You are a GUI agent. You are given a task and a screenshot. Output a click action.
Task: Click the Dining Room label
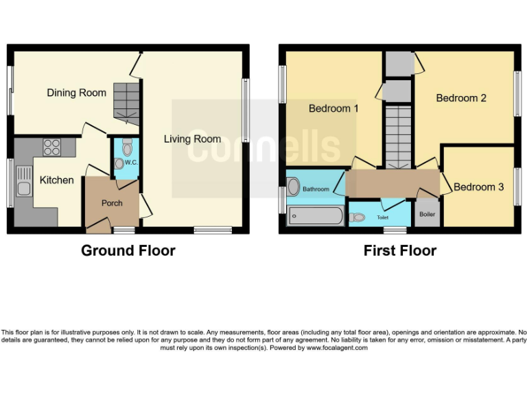point(76,93)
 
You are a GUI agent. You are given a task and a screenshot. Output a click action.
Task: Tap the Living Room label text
point(192,139)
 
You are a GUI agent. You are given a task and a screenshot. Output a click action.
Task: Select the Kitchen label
point(56,180)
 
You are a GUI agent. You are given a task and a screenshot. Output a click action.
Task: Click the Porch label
point(112,203)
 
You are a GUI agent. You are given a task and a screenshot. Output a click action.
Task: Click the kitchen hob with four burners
point(51,146)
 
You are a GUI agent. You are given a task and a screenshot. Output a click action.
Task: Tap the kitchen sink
point(23,189)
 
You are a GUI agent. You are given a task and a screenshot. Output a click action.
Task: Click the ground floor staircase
point(126,103)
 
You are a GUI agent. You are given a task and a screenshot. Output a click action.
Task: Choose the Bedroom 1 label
point(333,108)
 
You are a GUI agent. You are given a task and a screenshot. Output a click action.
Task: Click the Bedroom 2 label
point(461,98)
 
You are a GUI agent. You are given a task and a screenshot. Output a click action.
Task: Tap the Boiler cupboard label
point(427,214)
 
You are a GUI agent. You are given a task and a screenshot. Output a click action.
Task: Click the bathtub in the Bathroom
point(315,217)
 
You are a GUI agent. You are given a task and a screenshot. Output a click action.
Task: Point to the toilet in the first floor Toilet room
point(358,217)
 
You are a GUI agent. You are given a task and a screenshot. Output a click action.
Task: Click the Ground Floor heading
point(128,251)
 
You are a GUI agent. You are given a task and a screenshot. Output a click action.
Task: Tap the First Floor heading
point(399,251)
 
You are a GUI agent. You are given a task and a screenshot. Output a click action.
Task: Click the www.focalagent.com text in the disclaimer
point(337,348)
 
